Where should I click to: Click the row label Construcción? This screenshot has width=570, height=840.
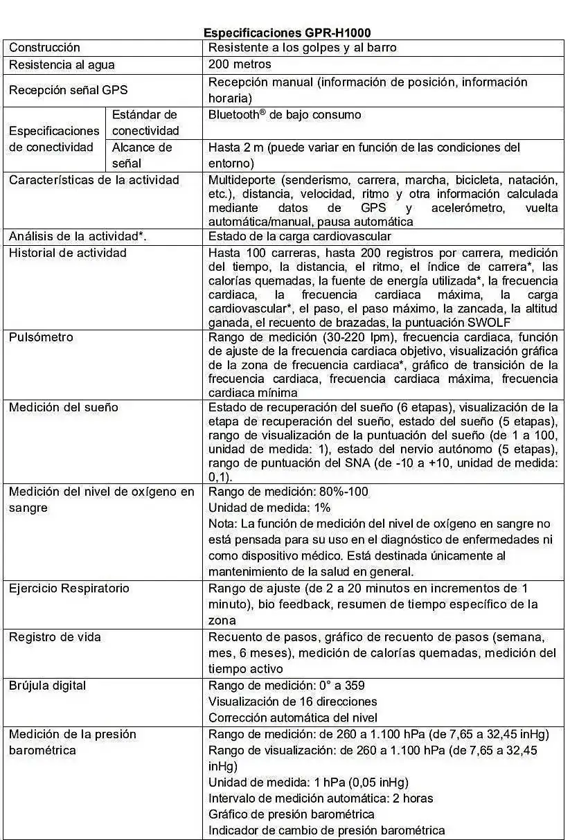click(44, 48)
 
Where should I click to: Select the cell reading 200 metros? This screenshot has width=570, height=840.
click(240, 64)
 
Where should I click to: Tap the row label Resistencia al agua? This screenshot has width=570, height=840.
click(62, 65)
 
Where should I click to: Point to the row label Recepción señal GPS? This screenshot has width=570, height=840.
click(68, 90)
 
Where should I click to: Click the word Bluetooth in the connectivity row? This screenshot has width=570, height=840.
click(233, 115)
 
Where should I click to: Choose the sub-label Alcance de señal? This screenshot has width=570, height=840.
click(142, 155)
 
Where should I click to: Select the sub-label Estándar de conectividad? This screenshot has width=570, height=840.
click(145, 123)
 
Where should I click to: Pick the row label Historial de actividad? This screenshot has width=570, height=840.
click(67, 253)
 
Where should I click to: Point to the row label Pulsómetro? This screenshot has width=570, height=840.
click(41, 337)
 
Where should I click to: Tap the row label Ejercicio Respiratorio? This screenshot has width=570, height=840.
click(69, 589)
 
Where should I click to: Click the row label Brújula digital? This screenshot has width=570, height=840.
click(47, 686)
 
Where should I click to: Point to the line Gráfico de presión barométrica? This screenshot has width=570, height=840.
click(291, 814)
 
